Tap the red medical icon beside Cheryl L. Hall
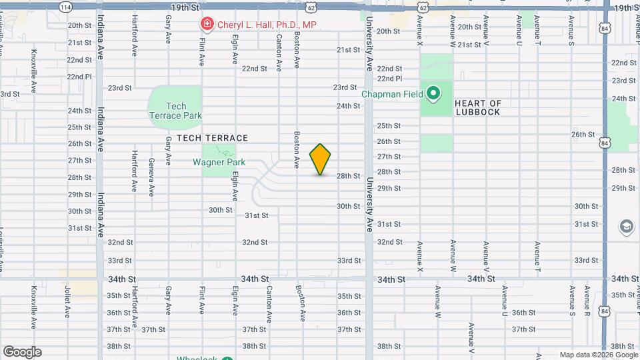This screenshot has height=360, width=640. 207,25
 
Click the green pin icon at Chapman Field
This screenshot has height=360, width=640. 433,93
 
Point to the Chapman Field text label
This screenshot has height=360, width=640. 392,94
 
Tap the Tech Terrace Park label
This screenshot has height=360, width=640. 176,111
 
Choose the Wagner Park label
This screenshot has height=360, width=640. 219,162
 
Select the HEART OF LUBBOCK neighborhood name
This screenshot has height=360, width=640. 477,107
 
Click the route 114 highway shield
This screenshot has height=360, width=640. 65,7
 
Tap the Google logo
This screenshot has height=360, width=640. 22,352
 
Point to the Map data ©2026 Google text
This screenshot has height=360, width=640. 598,355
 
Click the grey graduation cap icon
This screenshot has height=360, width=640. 627,227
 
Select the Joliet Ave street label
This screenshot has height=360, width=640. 67,307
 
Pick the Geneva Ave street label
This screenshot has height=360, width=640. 152,177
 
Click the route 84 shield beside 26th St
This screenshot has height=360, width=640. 604,143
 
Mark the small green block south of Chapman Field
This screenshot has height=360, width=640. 436,143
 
